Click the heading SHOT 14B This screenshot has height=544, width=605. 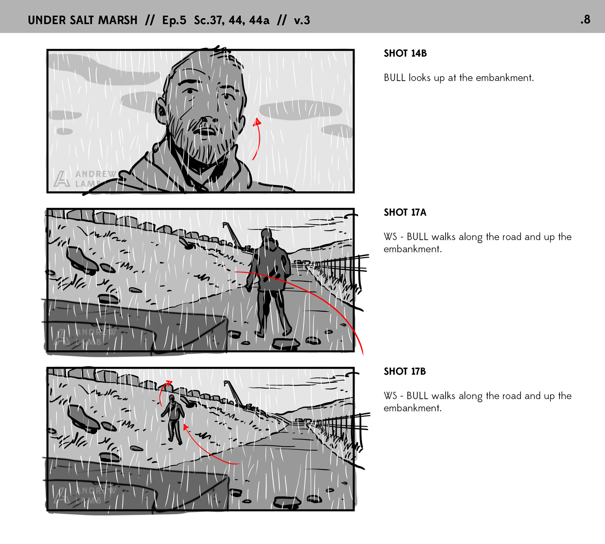[405, 53]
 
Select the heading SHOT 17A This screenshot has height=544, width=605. [405, 212]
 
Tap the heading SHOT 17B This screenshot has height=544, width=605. [405, 371]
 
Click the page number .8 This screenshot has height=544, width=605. [585, 20]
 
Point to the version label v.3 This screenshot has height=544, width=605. [302, 20]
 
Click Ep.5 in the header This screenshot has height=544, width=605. [174, 20]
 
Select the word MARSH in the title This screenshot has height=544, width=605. [118, 20]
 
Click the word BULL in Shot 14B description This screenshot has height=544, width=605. [395, 78]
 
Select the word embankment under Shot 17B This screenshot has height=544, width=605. [412, 408]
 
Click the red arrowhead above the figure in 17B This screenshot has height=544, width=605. [169, 383]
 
